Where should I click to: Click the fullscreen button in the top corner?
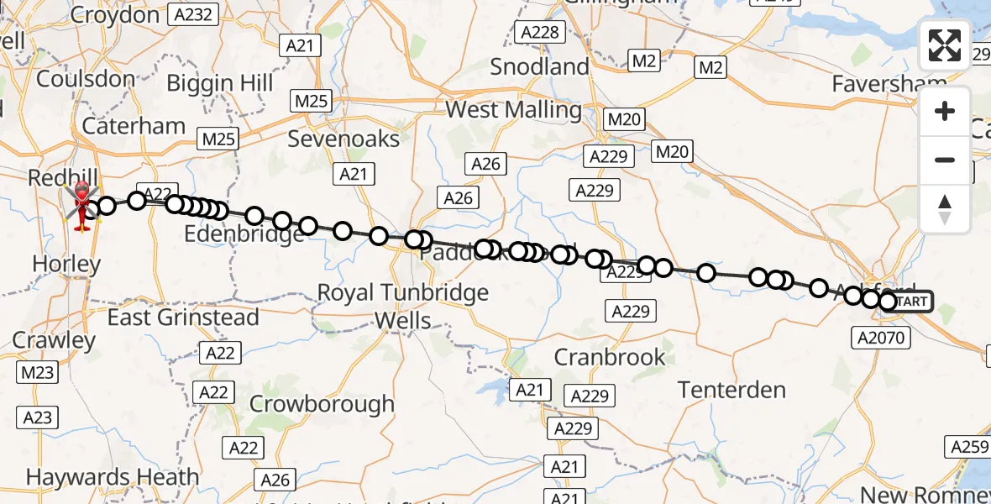click(x=945, y=45)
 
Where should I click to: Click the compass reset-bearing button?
click(x=945, y=209)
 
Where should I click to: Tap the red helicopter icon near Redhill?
click(x=83, y=204)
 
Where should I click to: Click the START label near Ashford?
click(x=910, y=302)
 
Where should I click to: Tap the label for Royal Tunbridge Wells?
click(x=402, y=306)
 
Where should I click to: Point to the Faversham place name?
click(x=889, y=84)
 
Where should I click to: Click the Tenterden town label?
click(x=731, y=390)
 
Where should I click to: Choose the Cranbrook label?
click(x=610, y=357)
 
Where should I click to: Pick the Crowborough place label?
click(x=322, y=404)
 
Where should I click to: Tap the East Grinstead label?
click(x=183, y=318)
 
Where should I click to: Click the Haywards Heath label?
click(x=113, y=477)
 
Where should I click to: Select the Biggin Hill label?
click(x=220, y=84)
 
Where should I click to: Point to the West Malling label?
click(x=513, y=110)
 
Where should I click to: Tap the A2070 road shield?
click(x=880, y=338)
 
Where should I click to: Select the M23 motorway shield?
click(x=38, y=372)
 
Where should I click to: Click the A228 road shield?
click(x=539, y=32)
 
